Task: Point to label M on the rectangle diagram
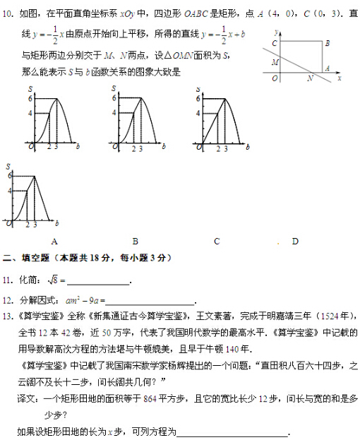[x=275, y=62]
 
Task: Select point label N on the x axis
[x=309, y=79]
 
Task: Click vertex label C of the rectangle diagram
[x=274, y=44]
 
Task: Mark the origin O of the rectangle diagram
[x=275, y=78]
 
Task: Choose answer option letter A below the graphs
[x=54, y=241]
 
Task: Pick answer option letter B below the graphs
[x=134, y=241]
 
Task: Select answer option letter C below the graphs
[x=217, y=241]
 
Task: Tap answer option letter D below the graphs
[x=295, y=241]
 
